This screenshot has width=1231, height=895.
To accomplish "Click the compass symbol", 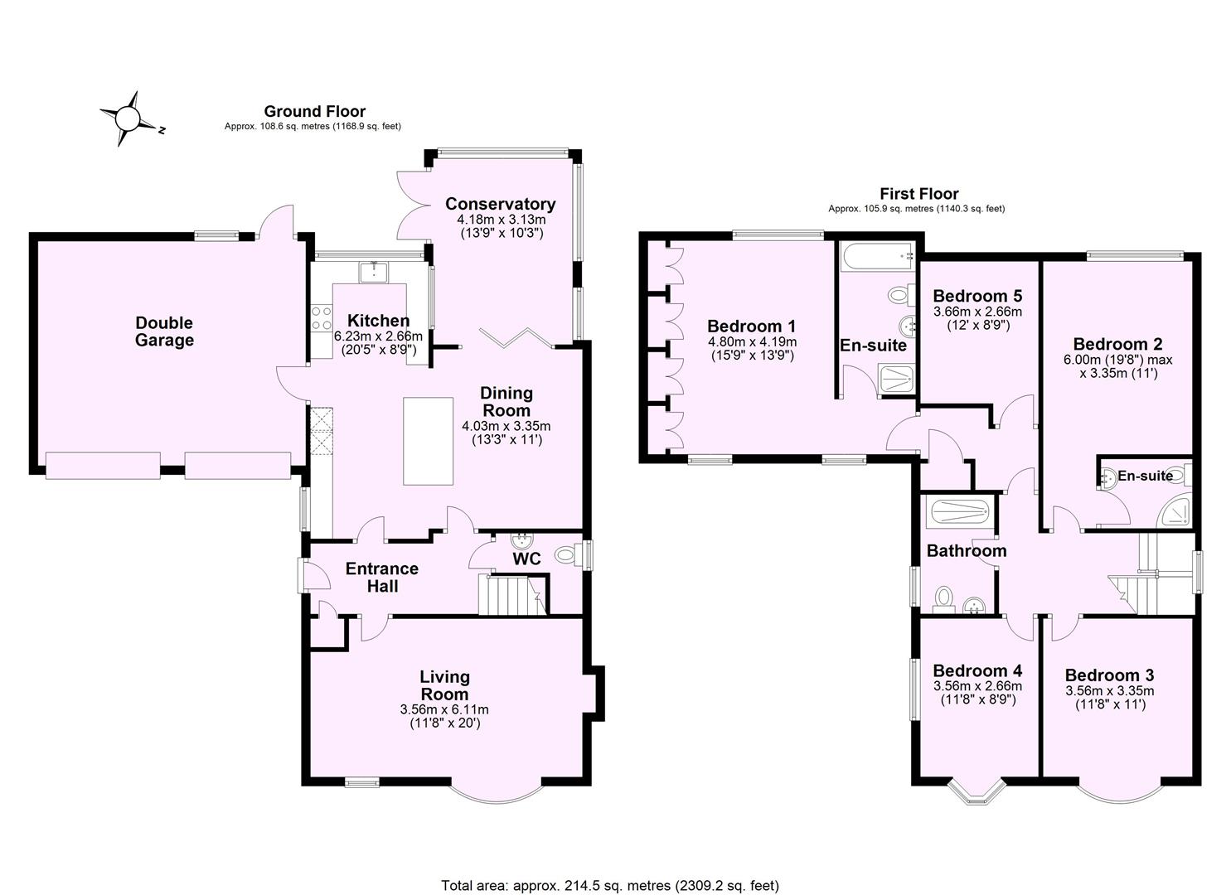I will [x=128, y=119].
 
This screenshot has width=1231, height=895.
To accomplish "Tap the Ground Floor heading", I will [x=314, y=111].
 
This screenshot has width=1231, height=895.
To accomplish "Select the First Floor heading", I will [x=919, y=194].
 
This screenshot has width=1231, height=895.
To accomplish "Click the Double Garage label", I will [x=164, y=331].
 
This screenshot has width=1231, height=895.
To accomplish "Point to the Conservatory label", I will [x=500, y=204].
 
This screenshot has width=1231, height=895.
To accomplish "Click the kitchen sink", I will [x=374, y=271].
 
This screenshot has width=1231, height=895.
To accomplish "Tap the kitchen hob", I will [x=320, y=319].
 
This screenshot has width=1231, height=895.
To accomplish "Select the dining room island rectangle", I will [x=428, y=440].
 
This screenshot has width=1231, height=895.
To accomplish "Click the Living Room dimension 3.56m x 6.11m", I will [x=444, y=709].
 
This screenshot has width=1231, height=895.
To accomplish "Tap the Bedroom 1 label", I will [x=751, y=327].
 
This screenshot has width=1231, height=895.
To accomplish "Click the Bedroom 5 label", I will [x=977, y=296].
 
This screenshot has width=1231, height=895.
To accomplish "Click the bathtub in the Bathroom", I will [x=959, y=512].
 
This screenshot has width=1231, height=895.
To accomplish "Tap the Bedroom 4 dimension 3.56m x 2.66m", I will [x=977, y=686].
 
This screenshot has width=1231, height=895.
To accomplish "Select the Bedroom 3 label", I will [x=1109, y=675].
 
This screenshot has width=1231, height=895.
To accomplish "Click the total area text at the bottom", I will [x=610, y=885].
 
